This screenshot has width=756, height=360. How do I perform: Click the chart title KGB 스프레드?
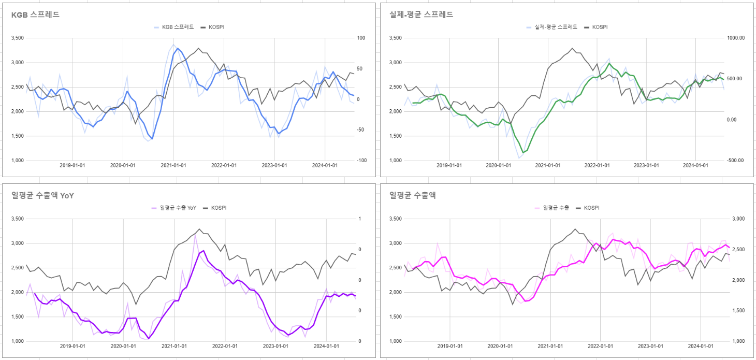(35, 15)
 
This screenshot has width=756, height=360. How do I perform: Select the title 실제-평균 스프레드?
(421, 15)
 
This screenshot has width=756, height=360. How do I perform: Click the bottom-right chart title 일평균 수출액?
(413, 195)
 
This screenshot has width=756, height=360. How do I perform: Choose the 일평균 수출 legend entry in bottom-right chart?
(556, 208)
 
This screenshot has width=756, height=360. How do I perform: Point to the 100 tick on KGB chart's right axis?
(361, 38)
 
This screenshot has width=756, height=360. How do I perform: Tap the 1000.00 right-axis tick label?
(735, 38)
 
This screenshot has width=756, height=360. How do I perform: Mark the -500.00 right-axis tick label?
(735, 161)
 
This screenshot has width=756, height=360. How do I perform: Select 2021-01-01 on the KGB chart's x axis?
(173, 165)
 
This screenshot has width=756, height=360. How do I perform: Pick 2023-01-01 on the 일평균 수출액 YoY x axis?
(275, 346)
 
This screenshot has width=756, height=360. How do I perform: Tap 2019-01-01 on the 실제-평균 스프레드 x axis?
(449, 165)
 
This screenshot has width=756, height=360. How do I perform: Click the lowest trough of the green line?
(524, 153)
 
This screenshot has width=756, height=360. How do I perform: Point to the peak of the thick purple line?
(203, 251)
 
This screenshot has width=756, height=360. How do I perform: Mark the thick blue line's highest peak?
(178, 48)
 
